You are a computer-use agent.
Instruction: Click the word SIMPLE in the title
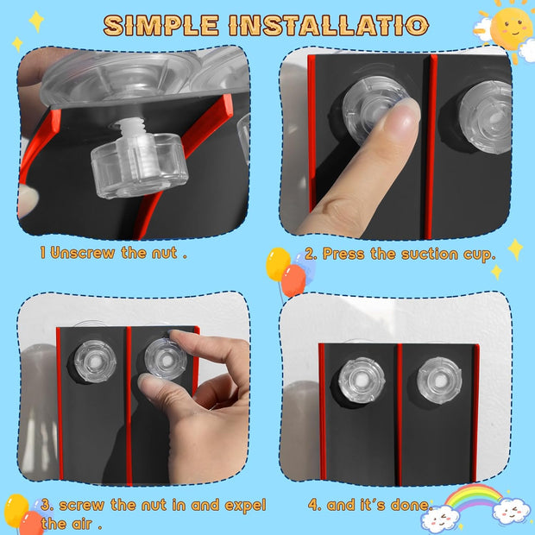coord(161,25)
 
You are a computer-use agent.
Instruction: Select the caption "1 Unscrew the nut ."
coord(114,253)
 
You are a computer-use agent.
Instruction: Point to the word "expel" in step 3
coord(245,506)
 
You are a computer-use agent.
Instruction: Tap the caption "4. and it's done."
coord(370,505)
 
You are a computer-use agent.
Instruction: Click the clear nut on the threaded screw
coord(139,165)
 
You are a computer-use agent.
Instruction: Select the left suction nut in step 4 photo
coord(362,380)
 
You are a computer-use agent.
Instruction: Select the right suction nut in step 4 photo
coord(439,380)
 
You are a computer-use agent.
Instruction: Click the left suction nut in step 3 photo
coord(95,362)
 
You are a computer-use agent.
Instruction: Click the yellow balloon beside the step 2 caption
coord(278,264)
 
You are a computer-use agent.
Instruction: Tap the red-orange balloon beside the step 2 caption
coord(293,280)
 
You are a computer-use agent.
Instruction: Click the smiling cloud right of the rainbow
coord(511,511)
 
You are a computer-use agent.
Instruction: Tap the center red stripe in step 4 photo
coord(400,414)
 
